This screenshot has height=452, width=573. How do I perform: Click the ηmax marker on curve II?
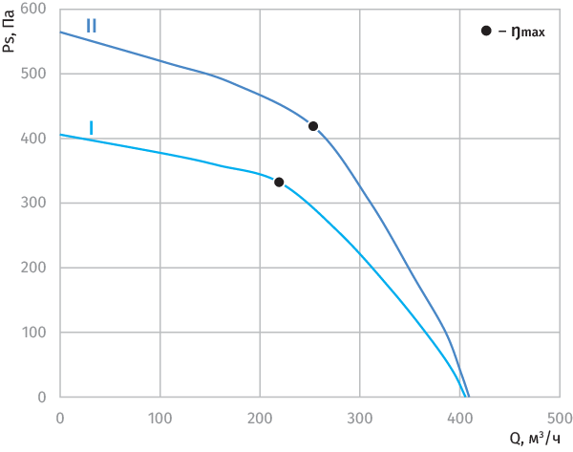pyautogui.click(x=313, y=126)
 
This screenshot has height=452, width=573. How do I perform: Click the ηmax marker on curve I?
pyautogui.click(x=279, y=182)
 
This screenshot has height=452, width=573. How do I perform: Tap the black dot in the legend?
pyautogui.click(x=486, y=32)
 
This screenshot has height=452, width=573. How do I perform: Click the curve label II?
pyautogui.click(x=91, y=26)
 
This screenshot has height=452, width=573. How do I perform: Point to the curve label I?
pyautogui.click(x=91, y=127)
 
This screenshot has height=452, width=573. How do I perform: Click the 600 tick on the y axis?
pyautogui.click(x=37, y=9)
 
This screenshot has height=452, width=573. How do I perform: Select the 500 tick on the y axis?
pyautogui.click(x=37, y=74)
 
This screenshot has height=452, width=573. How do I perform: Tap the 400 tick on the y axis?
pyautogui.click(x=37, y=139)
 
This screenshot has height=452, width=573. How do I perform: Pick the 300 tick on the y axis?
pyautogui.click(x=37, y=204)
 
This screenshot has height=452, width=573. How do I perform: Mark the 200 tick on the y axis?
pyautogui.click(x=37, y=269)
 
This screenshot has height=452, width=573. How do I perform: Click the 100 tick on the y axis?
pyautogui.click(x=37, y=333)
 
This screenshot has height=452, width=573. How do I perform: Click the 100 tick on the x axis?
pyautogui.click(x=160, y=417)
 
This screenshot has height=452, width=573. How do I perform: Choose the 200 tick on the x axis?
pyautogui.click(x=260, y=417)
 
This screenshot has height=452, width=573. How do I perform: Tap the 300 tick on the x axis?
pyautogui.click(x=360, y=417)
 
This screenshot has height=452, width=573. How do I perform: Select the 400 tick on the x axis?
pyautogui.click(x=459, y=417)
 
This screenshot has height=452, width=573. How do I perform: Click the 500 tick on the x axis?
pyautogui.click(x=559, y=417)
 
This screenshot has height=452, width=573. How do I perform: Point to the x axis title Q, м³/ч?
pyautogui.click(x=536, y=439)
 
